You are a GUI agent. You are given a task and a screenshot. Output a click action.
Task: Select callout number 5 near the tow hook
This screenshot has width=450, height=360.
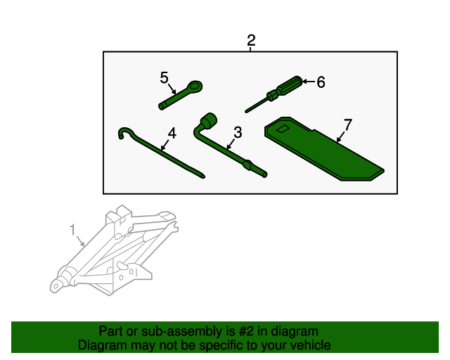(x=165, y=77)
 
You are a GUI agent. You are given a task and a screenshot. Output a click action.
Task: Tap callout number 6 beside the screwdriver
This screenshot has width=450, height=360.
(x=321, y=82)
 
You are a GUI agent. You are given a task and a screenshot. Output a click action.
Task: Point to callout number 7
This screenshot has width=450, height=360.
(x=347, y=125)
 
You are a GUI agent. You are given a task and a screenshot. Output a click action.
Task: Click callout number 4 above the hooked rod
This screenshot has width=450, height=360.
(x=172, y=133)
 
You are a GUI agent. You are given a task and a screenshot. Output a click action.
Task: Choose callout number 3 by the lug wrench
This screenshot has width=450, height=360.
(x=238, y=132)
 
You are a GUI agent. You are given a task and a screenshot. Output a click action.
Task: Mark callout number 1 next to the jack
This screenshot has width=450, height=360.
(x=72, y=229)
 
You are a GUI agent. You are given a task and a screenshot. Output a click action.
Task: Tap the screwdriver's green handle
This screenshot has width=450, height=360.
(x=290, y=87)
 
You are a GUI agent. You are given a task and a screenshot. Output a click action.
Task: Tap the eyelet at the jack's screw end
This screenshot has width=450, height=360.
(x=55, y=285)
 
